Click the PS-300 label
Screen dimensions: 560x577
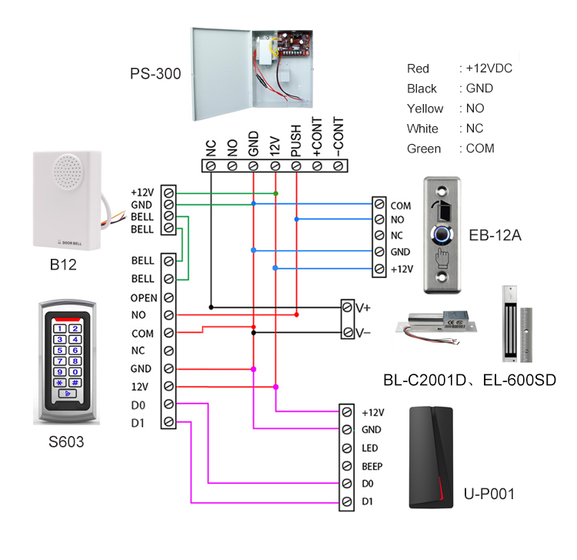155,75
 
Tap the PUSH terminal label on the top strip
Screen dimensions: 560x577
296,144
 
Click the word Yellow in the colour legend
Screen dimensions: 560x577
425,109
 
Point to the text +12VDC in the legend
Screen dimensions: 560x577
489,69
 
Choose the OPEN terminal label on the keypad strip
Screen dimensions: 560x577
144,297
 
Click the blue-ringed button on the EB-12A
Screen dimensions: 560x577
445,232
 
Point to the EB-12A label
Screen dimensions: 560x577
499,235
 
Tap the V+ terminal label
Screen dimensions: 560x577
362,307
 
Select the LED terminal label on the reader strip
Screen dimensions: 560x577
369,448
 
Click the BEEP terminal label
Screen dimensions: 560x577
372,466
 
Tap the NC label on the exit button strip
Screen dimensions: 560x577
398,236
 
